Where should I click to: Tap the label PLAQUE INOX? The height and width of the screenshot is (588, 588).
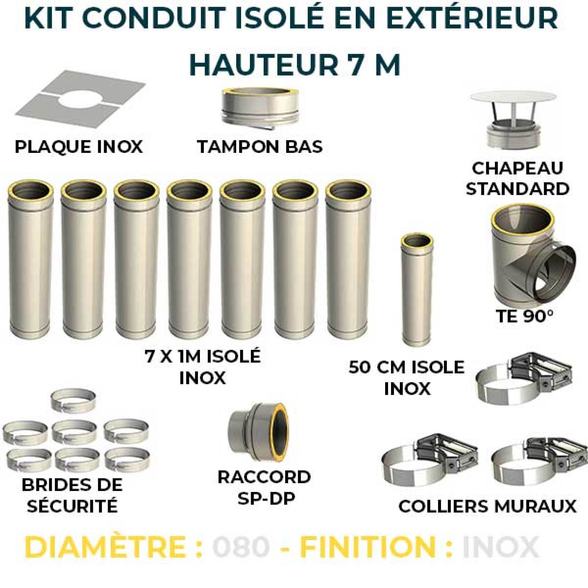(79, 147)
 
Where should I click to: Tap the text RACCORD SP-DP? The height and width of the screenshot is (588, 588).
(264, 492)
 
